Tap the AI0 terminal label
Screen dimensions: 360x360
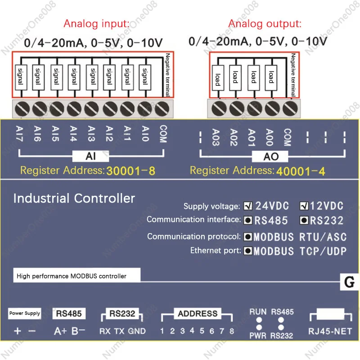[145, 134]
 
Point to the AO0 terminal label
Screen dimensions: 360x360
[269, 137]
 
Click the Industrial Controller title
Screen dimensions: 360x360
[74, 198]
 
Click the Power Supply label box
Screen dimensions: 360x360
[25, 313]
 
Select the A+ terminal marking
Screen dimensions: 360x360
[60, 331]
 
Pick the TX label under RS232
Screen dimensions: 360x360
[119, 331]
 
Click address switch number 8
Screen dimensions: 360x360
[231, 331]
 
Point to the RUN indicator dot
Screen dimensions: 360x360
[259, 321]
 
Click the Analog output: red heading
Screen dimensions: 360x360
[265, 24]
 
